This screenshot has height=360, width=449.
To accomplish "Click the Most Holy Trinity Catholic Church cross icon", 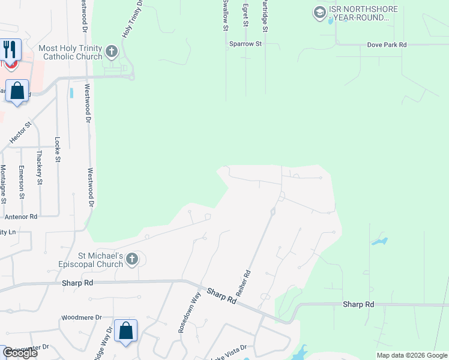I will [111, 52].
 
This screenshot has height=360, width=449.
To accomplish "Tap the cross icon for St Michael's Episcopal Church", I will [132, 260].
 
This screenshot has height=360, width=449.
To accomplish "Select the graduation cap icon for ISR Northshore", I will [319, 11].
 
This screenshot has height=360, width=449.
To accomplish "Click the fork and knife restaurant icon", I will [9, 49].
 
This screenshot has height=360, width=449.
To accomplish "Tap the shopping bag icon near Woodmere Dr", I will [125, 330].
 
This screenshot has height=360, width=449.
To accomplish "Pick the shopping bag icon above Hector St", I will [17, 91].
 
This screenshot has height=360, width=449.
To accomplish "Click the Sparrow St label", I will [246, 44].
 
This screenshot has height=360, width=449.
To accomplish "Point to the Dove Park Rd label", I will [387, 45].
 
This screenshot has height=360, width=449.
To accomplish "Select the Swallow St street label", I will [226, 16].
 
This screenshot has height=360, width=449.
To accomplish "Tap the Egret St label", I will [246, 14].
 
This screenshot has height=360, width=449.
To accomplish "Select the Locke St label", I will [58, 150].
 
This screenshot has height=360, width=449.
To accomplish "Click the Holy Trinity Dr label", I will [133, 19].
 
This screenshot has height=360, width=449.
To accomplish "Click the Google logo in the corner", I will [19, 353].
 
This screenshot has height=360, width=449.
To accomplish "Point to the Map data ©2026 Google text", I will [411, 355].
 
